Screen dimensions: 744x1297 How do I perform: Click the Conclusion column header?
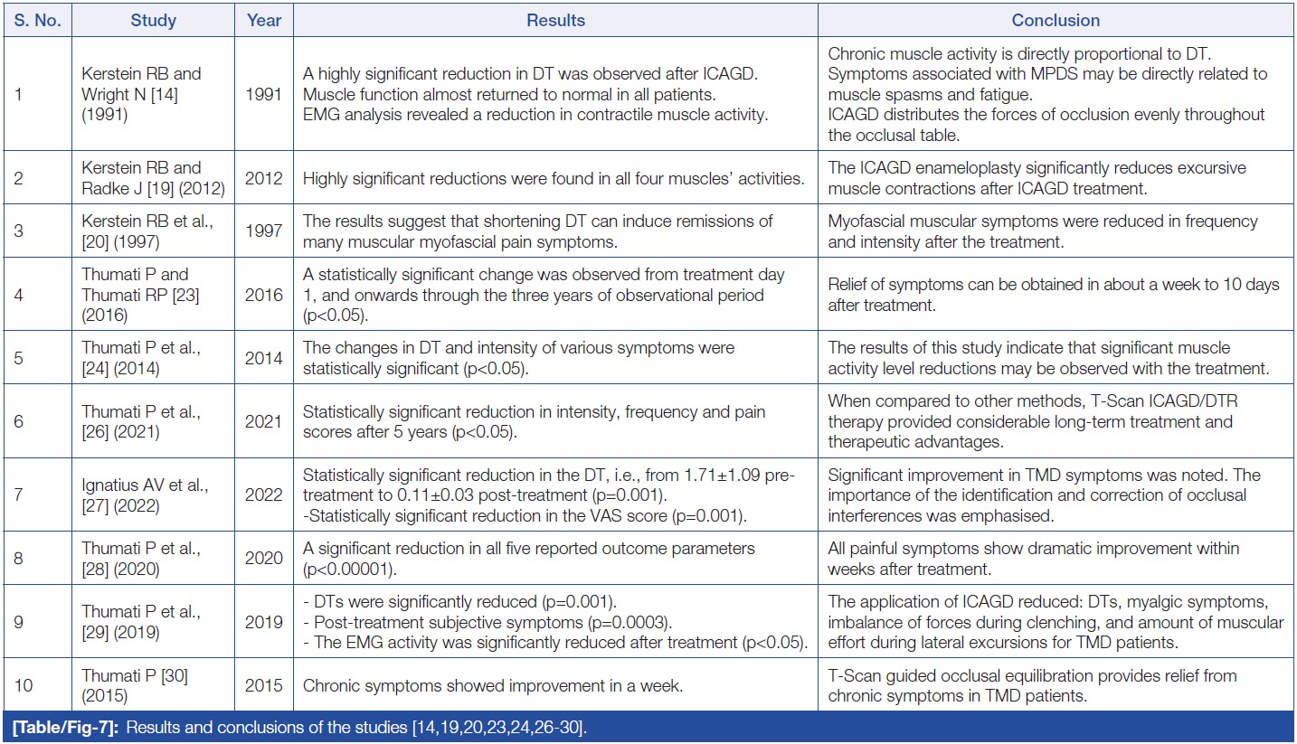[x=1056, y=20]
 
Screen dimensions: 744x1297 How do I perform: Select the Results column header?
[x=555, y=20]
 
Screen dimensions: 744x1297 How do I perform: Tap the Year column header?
[x=264, y=20]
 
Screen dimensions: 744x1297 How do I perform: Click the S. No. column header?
[x=37, y=20]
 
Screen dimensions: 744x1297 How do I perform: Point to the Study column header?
[x=153, y=20]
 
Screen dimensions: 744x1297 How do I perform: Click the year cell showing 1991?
[x=264, y=94]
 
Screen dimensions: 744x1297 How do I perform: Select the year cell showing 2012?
[x=264, y=178]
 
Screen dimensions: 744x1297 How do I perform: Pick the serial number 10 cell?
[x=24, y=685]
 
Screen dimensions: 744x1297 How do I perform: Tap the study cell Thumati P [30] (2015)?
[x=135, y=685]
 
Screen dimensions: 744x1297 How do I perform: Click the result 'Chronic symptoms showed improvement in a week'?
[x=493, y=685]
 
